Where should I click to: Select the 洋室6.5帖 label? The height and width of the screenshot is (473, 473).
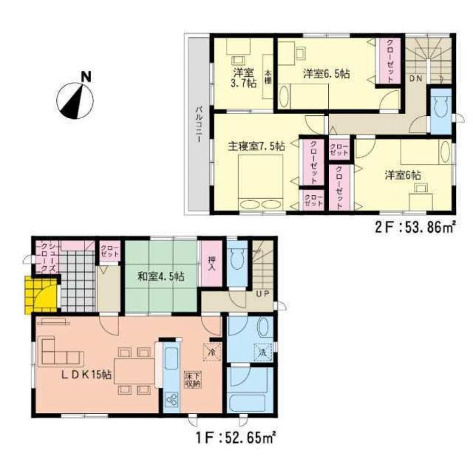[326, 74]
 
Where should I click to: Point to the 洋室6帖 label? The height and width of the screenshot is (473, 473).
[402, 175]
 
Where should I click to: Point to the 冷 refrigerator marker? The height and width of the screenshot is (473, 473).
[212, 351]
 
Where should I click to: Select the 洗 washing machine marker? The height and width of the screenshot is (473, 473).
[263, 352]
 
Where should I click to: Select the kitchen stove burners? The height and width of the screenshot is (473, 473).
[171, 401]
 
